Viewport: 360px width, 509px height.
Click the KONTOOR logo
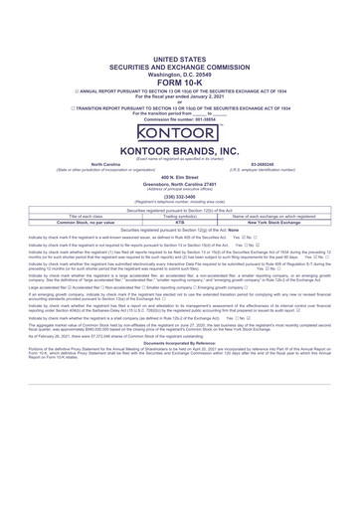(x=180, y=131)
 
